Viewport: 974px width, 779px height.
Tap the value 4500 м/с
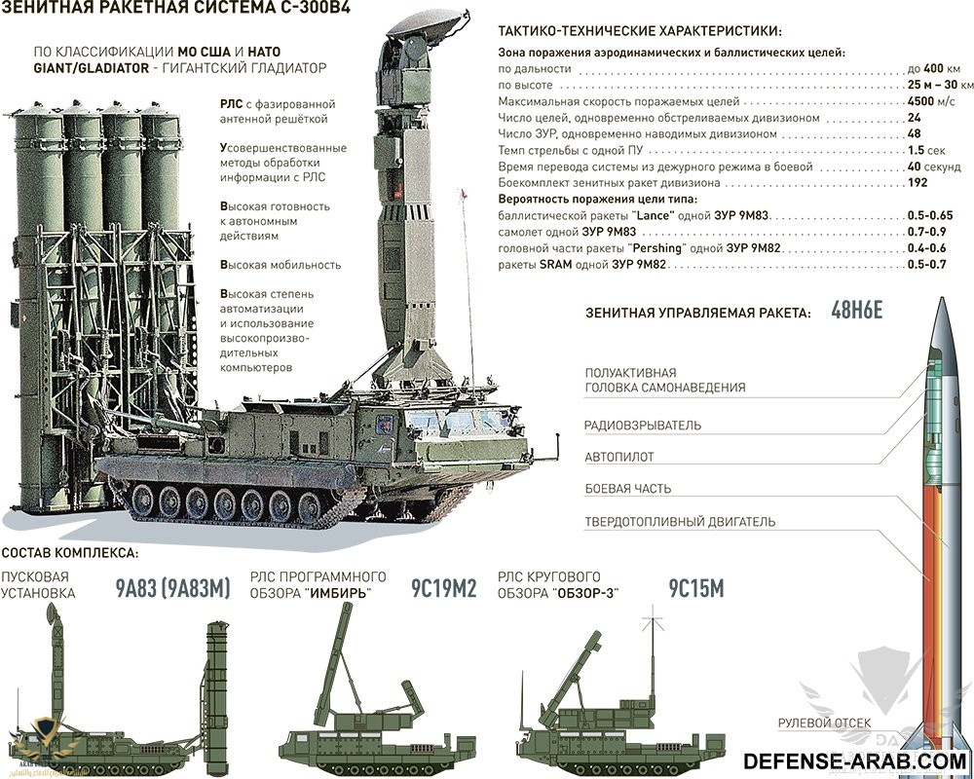click(x=929, y=101)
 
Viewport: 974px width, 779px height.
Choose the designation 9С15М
click(x=696, y=587)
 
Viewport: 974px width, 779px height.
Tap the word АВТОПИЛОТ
click(x=619, y=457)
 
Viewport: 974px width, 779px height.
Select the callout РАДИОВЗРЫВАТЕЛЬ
click(x=643, y=426)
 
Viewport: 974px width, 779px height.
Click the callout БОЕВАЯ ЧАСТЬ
click(x=628, y=489)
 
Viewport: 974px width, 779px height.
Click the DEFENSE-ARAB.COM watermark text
click(x=854, y=760)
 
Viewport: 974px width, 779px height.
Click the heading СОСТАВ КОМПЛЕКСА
click(x=70, y=553)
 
